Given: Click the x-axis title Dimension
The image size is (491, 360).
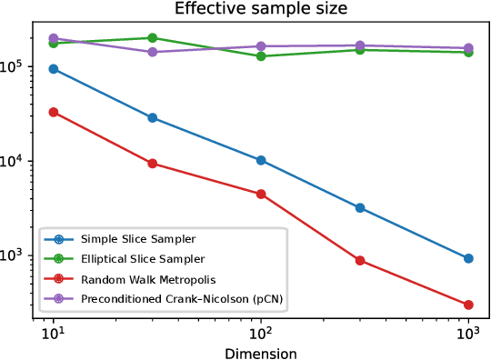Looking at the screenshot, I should pyautogui.click(x=261, y=351).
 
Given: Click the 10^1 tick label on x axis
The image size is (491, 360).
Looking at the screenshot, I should pyautogui.click(x=54, y=334).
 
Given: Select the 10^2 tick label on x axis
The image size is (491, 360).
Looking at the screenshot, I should pyautogui.click(x=261, y=334).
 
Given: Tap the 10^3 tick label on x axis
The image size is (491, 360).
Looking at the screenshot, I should pyautogui.click(x=468, y=334).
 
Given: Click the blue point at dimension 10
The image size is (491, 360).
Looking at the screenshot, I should pyautogui.click(x=54, y=69).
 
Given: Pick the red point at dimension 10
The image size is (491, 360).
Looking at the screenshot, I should pyautogui.click(x=54, y=112).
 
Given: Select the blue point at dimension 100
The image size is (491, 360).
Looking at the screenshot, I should pyautogui.click(x=261, y=160).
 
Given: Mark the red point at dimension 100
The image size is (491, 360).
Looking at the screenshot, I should pyautogui.click(x=261, y=194).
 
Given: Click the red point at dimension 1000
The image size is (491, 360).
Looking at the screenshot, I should pyautogui.click(x=468, y=305).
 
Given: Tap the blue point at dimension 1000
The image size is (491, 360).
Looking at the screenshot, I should pyautogui.click(x=468, y=258).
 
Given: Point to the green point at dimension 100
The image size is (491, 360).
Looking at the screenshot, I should pyautogui.click(x=261, y=56).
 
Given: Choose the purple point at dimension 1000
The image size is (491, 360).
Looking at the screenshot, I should pyautogui.click(x=468, y=48).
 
